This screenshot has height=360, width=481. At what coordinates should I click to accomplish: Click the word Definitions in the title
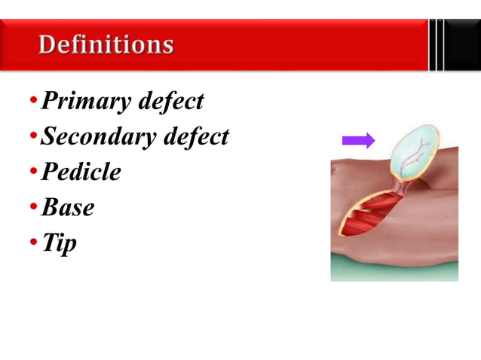(x=106, y=45)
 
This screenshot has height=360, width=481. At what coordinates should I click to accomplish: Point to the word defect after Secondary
(x=195, y=137)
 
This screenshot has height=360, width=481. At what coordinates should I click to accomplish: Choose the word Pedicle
(x=81, y=172)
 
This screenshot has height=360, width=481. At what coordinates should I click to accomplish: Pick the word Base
(x=68, y=208)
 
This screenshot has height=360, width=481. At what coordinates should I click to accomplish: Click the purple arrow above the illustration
(x=358, y=140)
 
